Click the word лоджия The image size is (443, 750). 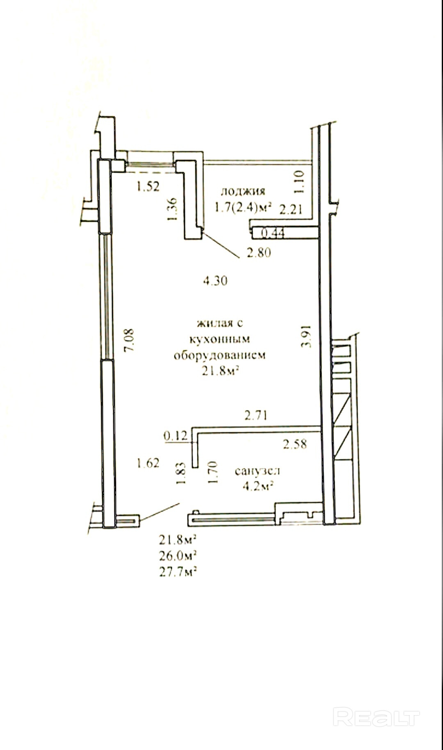pyautogui.click(x=243, y=191)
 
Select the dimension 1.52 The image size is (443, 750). pyautogui.click(x=148, y=187)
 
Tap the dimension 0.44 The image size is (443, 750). pyautogui.click(x=273, y=233)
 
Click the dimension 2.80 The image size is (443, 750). pyautogui.click(x=258, y=252)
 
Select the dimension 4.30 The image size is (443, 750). pyautogui.click(x=215, y=281)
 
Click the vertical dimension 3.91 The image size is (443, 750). pyautogui.click(x=306, y=336)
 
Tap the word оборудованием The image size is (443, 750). pyautogui.click(x=219, y=355)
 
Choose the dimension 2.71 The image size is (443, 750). pyautogui.click(x=256, y=415)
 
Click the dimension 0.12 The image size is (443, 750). pyautogui.click(x=175, y=435)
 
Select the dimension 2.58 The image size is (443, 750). pyautogui.click(x=295, y=444)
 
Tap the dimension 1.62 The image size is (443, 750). pyautogui.click(x=148, y=463)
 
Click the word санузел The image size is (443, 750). pyautogui.click(x=257, y=471)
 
